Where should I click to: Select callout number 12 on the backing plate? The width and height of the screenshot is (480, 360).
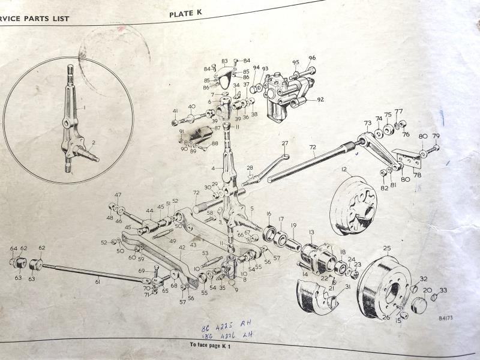[x=344, y=170]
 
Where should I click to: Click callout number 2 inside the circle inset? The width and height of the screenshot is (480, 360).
[x=92, y=143]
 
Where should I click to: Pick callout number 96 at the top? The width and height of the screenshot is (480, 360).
[x=312, y=58]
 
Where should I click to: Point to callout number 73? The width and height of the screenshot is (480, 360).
[x=367, y=123]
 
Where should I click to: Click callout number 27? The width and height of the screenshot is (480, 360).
[x=285, y=143]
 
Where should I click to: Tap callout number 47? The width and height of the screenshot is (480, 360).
[x=118, y=195]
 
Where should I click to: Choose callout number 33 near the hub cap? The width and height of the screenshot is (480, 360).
[x=443, y=291]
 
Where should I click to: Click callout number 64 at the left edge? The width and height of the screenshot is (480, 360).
[x=14, y=248]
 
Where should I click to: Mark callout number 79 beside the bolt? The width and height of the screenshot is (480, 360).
[x=436, y=136]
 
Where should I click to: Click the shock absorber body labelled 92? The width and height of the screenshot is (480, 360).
[x=282, y=96]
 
